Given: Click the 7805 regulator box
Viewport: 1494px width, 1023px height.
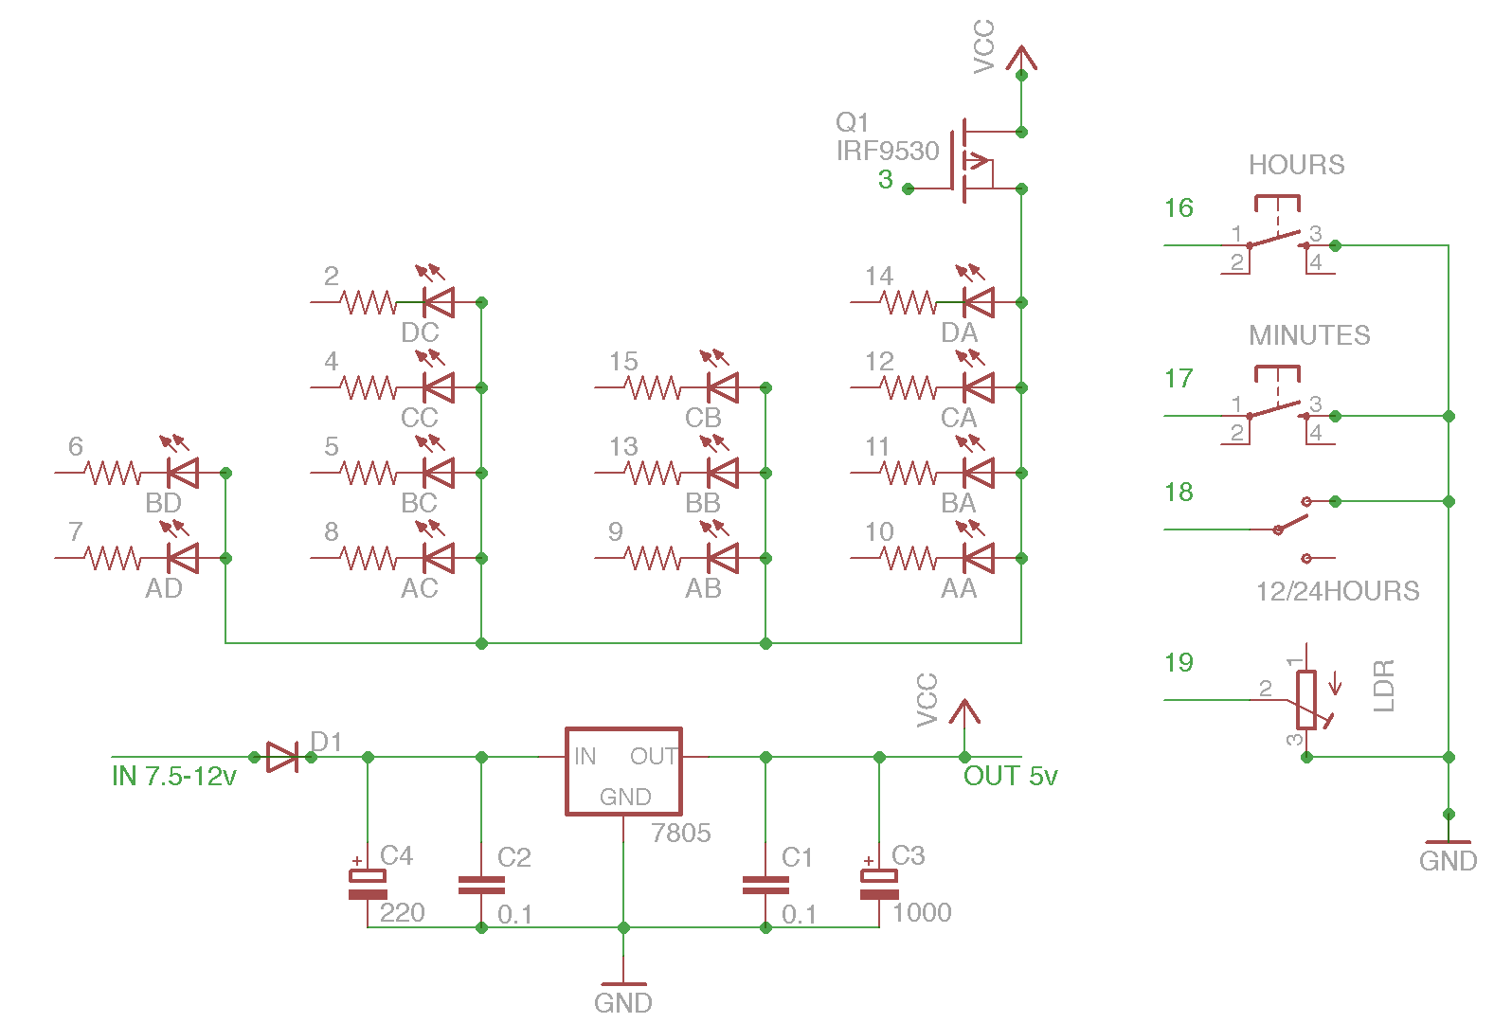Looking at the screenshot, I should [x=623, y=770].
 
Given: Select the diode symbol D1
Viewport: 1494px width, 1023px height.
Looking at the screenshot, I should [x=282, y=757].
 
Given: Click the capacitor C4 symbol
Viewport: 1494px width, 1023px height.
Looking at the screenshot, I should [x=368, y=884].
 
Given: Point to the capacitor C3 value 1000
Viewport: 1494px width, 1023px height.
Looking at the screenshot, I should [x=921, y=912].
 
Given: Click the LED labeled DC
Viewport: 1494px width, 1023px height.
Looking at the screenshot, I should [x=438, y=302].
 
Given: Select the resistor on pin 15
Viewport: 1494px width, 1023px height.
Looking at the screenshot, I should [x=652, y=387].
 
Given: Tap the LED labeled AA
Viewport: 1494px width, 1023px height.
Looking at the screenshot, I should [x=978, y=558].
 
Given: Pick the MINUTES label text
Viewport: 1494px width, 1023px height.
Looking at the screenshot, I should [x=1309, y=335].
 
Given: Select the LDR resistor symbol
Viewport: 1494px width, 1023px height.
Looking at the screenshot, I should [x=1306, y=700].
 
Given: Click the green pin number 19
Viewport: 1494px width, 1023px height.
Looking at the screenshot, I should [x=1179, y=663].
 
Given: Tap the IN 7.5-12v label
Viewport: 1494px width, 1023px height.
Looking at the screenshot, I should [x=173, y=777].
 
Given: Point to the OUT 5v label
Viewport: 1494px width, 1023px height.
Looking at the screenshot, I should [x=1010, y=777].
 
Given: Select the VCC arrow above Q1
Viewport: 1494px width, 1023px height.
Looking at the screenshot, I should [x=1021, y=57].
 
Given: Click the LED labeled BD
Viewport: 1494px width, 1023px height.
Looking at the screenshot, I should [x=182, y=473].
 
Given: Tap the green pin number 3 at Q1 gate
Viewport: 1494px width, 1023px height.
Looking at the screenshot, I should [x=885, y=180].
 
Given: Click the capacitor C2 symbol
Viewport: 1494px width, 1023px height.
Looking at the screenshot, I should [x=481, y=885].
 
